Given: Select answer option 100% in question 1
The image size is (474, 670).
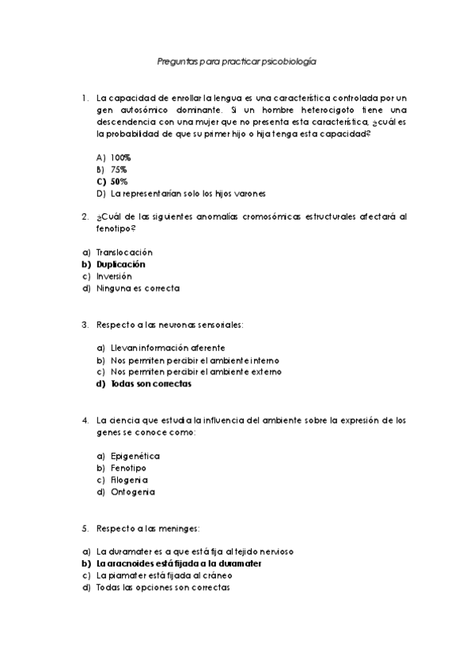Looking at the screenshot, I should pos(121,158).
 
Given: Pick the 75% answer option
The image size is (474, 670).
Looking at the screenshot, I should pos(119,169).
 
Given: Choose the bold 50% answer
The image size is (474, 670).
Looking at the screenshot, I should pos(119,181).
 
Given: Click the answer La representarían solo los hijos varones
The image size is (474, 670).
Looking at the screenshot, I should pos(188,193).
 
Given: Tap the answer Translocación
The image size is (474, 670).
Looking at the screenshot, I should pos(124,252).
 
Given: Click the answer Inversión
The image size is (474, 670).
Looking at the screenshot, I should pos(114,277).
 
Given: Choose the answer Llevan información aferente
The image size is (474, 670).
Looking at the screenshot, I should pos(168,348).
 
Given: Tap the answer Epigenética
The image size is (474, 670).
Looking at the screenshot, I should pos(135,456).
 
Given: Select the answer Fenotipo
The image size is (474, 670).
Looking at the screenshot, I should pos(128,468).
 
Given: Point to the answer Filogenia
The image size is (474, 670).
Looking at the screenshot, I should pos(129,480).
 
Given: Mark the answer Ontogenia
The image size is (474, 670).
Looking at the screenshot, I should pos(132,491).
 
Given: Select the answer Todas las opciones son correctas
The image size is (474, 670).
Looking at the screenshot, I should pos(164,587).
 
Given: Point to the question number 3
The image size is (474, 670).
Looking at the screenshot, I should pos(85,324).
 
